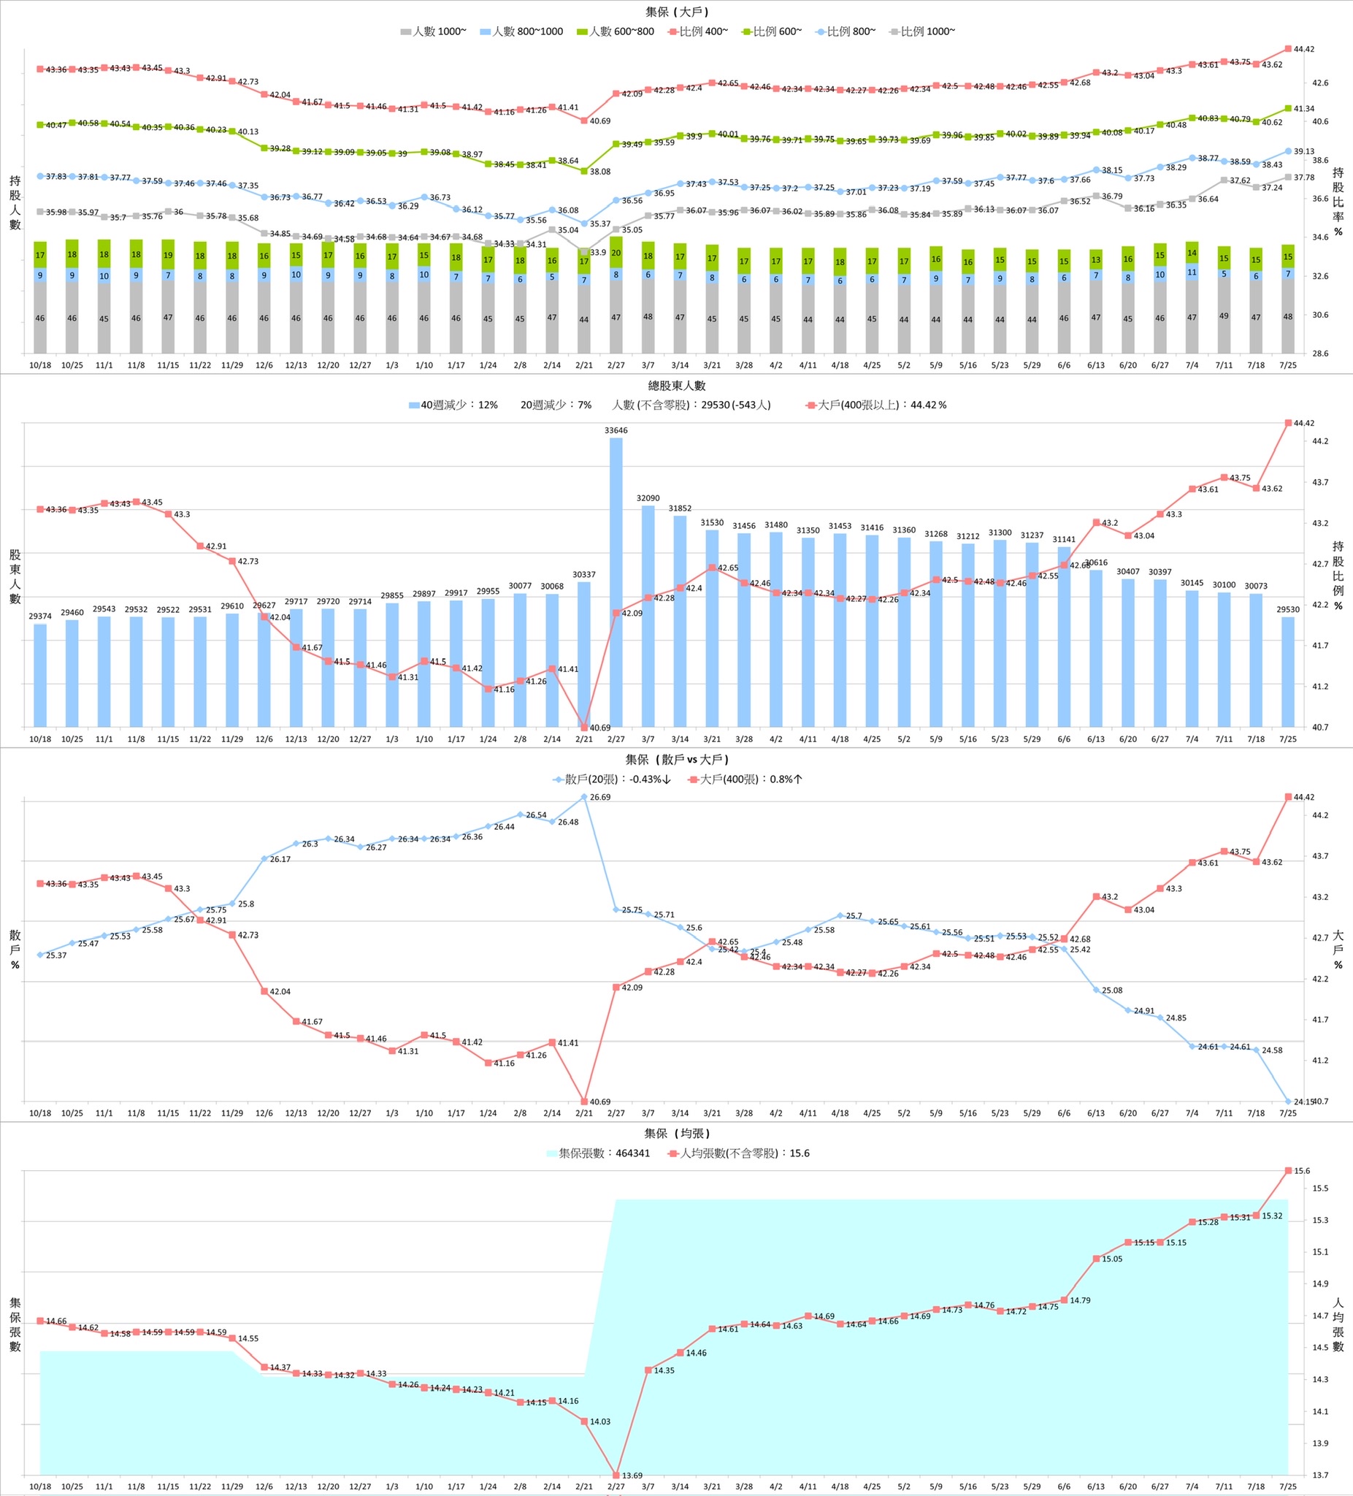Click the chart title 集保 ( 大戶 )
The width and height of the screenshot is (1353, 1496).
tap(676, 12)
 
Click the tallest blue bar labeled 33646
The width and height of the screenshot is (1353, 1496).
tap(616, 582)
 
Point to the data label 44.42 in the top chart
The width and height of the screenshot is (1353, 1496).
tap(1303, 50)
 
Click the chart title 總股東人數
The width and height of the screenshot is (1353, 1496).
tap(676, 386)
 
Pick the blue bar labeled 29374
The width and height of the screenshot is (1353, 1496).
tap(40, 675)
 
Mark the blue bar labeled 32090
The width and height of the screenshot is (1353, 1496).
tap(648, 616)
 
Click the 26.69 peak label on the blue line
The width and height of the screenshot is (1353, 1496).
tap(600, 798)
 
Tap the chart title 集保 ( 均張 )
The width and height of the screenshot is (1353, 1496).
tap(676, 1134)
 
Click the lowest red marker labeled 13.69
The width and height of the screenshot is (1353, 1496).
tap(616, 1475)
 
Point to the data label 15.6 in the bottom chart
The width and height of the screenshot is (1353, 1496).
tap(1302, 1171)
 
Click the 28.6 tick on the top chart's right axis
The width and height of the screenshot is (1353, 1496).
tap(1319, 354)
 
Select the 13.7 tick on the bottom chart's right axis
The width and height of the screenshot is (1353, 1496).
tap(1319, 1476)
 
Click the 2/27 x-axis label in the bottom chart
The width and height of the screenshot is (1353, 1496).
tap(616, 1487)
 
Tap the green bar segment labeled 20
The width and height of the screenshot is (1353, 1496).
tap(616, 252)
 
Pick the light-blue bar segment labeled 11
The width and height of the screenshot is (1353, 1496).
tap(1192, 272)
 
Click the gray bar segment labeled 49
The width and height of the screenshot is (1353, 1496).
tap(1224, 316)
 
